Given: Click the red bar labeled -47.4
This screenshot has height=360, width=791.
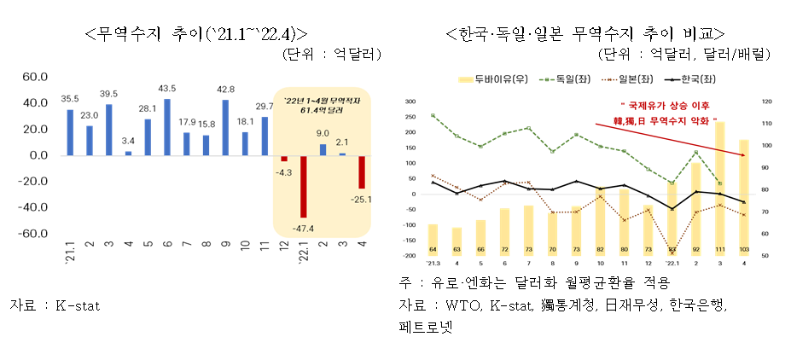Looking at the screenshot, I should tap(303, 187).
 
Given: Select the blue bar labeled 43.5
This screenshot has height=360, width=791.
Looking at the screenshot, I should tap(167, 127).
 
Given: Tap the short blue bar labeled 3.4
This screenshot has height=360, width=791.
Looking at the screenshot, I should tap(129, 154).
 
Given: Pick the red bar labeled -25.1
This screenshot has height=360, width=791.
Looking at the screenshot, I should tap(361, 171).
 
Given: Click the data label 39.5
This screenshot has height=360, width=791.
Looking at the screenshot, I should tap(108, 94).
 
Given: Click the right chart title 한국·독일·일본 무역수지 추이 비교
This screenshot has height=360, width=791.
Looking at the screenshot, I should tap(585, 33).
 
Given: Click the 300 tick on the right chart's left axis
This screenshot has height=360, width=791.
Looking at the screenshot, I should tap(408, 102).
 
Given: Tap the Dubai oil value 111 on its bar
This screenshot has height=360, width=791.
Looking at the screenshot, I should tap(720, 250).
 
